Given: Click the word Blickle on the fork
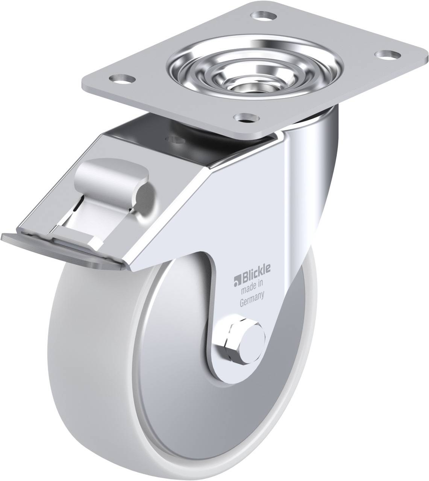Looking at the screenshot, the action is pyautogui.click(x=256, y=275).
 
